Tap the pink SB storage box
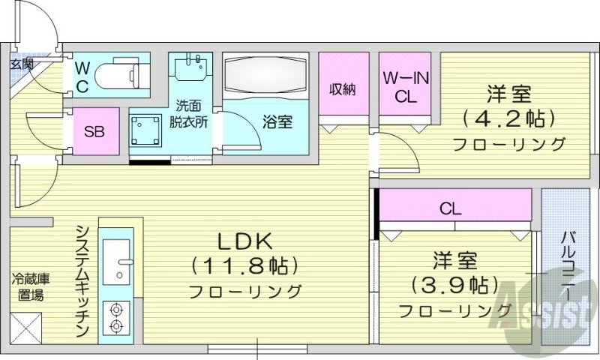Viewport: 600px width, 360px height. coord(94,133)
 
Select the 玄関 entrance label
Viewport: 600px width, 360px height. coord(22,64)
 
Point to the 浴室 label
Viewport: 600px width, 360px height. coord(277,121)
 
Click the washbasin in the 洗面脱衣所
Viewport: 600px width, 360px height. coord(190,68)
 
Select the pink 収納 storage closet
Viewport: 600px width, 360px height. coord(343,88)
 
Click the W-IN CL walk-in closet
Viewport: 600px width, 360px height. coord(406,85)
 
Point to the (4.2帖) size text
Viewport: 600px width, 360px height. coord(509,118)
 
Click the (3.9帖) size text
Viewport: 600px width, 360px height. coord(455,285)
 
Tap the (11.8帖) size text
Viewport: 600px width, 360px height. coord(244,265)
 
